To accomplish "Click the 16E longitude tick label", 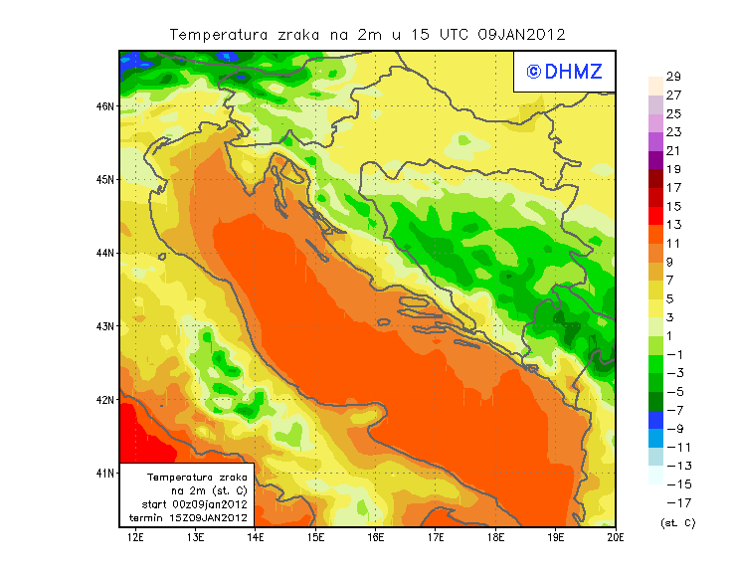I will click(376, 538).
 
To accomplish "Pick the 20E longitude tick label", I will click(616, 538).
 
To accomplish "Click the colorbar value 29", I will click(673, 77).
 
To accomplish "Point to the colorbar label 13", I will click(673, 225).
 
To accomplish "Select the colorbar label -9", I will click(673, 429).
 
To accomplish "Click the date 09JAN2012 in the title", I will click(522, 35).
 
